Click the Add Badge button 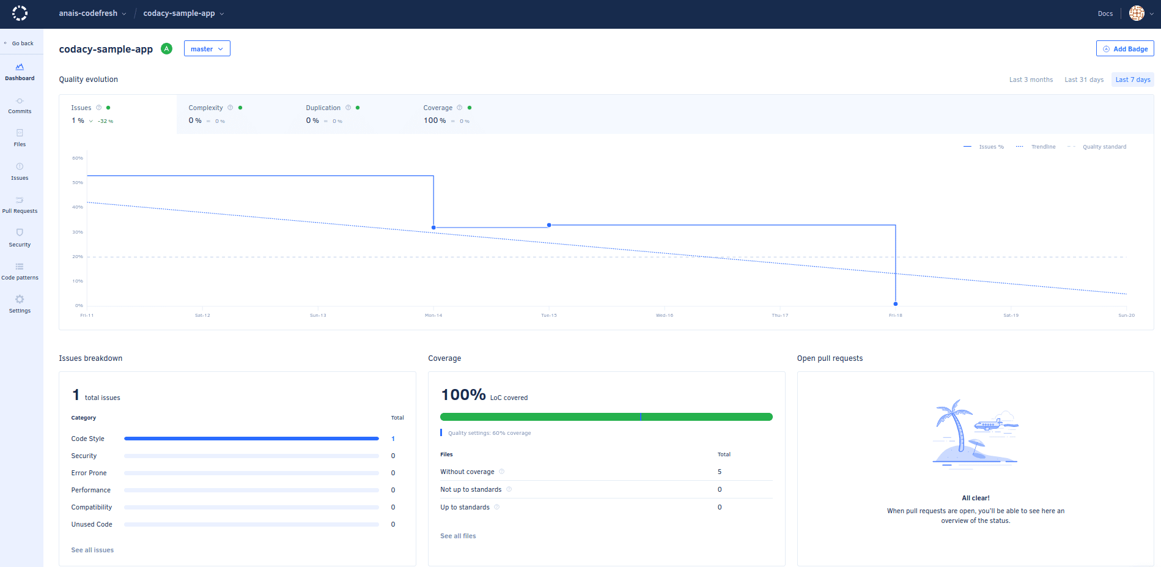point(1124,49)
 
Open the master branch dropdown point(207,49)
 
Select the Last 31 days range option point(1083,80)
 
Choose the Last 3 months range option point(1030,80)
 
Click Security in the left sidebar point(20,237)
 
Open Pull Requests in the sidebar point(20,204)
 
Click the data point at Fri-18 point(895,304)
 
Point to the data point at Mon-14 point(433,228)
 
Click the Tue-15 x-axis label point(548,316)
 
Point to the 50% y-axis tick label point(78,183)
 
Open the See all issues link point(92,550)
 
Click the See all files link point(458,536)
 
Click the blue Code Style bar point(251,439)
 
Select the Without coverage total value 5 point(720,472)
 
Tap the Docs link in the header point(1105,13)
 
